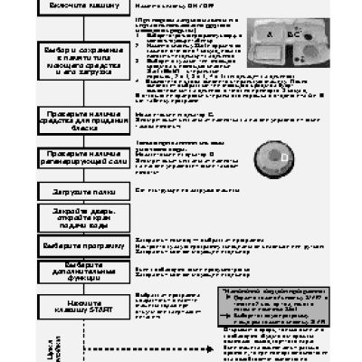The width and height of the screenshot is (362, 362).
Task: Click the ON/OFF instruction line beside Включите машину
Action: click(x=165, y=5)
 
